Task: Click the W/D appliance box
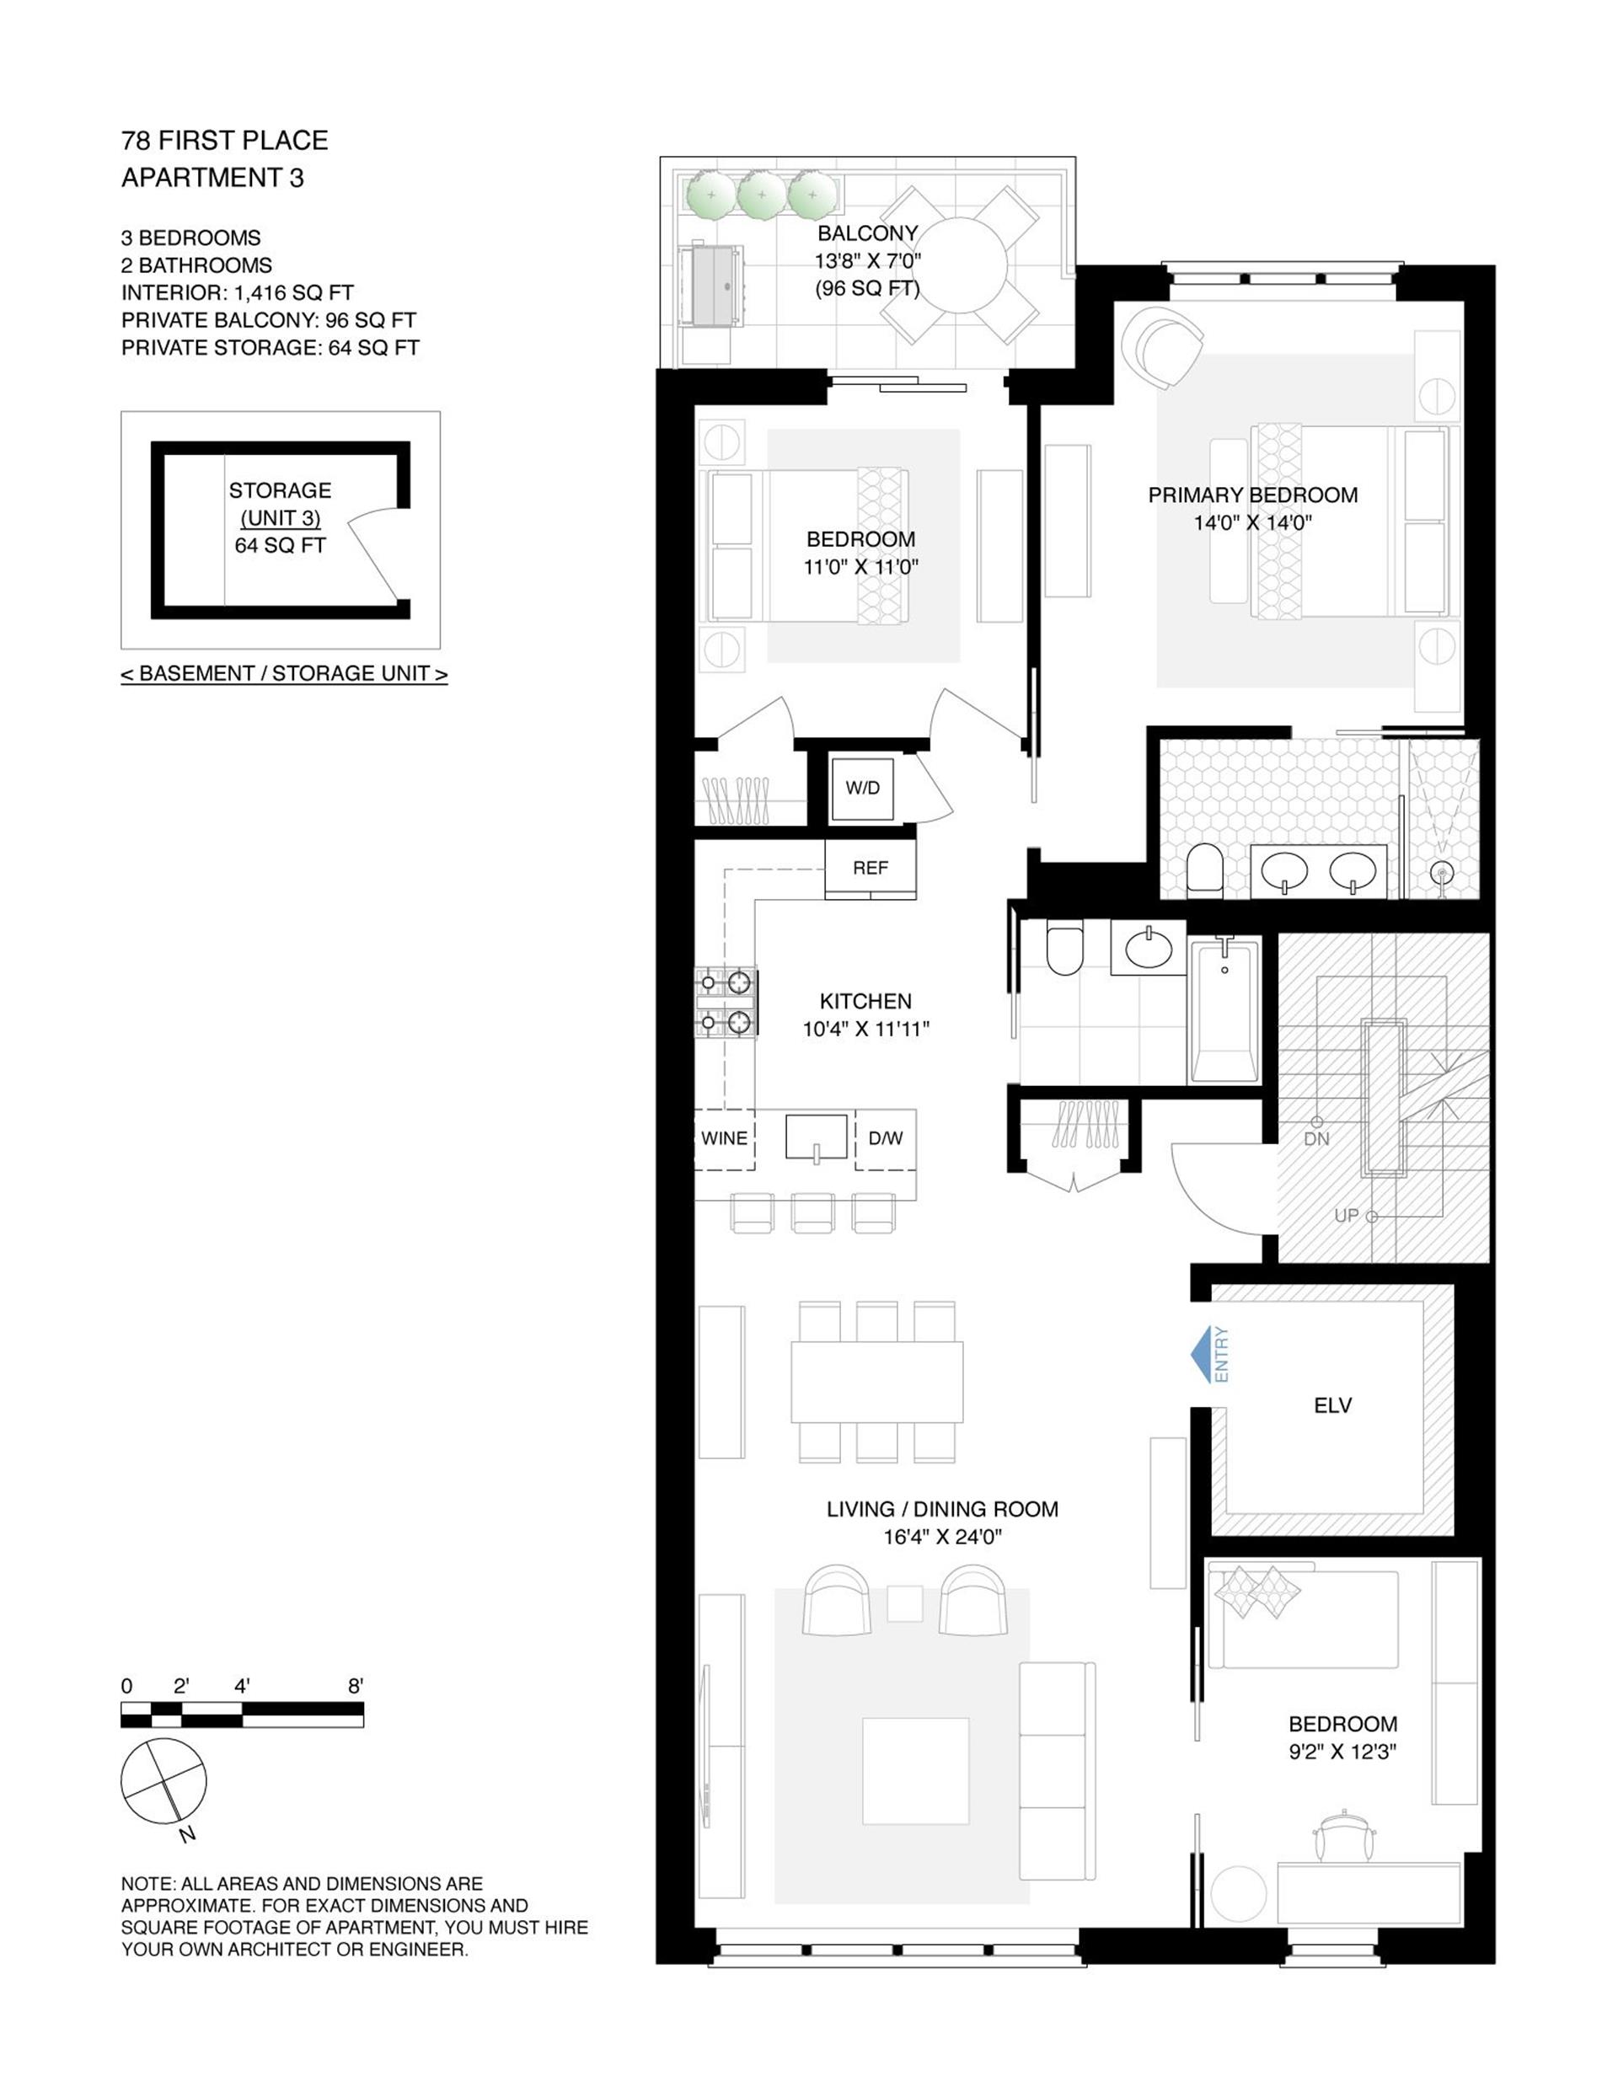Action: point(862,789)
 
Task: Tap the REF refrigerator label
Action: point(870,868)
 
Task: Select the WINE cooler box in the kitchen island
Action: point(724,1139)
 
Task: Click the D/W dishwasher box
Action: point(885,1139)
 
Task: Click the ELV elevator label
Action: point(1332,1406)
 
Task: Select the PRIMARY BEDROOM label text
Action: point(1252,495)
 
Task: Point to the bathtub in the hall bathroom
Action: point(1224,1010)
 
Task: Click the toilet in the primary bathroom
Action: point(1204,870)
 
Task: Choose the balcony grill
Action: point(710,286)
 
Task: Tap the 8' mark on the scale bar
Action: point(356,1687)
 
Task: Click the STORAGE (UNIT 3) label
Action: point(280,504)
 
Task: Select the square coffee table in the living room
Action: point(915,1770)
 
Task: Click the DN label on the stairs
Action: point(1317,1139)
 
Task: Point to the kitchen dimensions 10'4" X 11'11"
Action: point(866,1030)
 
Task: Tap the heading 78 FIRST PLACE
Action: point(224,141)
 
